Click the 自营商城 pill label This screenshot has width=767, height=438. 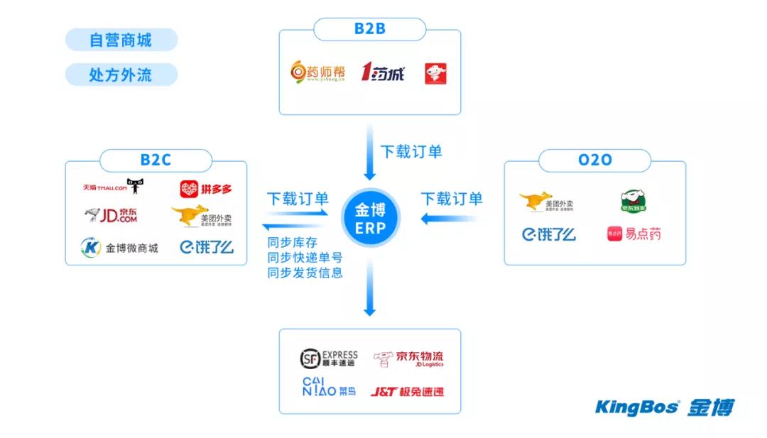(121, 40)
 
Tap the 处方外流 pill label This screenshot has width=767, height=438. (121, 75)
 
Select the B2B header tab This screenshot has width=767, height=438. (369, 29)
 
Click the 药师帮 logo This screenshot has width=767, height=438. (318, 72)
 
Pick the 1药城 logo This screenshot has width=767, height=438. (383, 72)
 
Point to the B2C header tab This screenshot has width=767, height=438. (155, 160)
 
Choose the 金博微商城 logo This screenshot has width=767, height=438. (119, 248)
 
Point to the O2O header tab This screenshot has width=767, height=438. (594, 160)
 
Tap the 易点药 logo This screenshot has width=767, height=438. (633, 234)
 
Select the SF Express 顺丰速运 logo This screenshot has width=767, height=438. (328, 358)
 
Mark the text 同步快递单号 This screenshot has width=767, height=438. (305, 258)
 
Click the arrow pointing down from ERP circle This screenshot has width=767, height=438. (369, 288)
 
